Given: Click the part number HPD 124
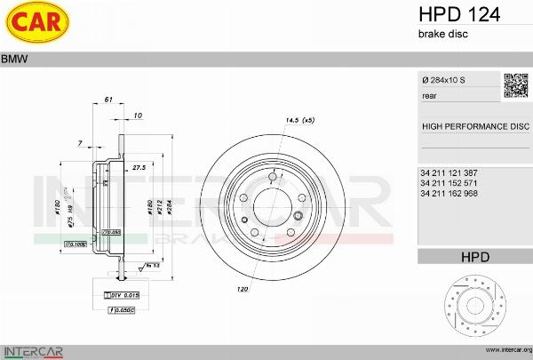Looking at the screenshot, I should (458, 14).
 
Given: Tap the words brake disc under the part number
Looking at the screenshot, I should (442, 34).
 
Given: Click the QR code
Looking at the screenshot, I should (516, 84).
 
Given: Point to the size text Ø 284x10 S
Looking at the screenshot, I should (443, 81).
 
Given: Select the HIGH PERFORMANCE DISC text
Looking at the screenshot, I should (474, 126).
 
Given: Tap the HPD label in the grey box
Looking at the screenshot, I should (474, 257).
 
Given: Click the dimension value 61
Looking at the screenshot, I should (107, 100).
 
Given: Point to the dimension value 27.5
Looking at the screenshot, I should (139, 166).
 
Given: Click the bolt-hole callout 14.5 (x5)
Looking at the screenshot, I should (300, 119).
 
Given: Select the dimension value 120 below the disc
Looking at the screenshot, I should (242, 290).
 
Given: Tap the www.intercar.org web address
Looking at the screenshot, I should (504, 350).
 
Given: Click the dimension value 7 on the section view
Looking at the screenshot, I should (80, 143).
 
